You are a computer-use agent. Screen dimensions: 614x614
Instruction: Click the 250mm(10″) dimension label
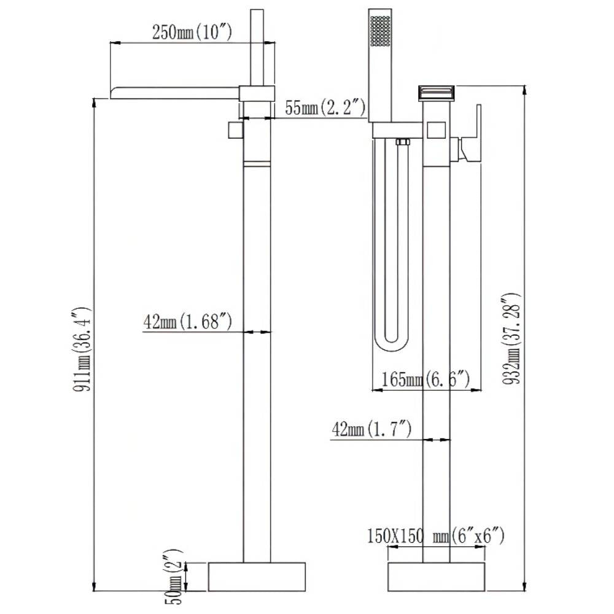192,32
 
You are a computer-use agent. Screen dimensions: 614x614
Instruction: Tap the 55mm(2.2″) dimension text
325,107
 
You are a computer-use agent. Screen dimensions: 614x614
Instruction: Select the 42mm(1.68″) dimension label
187,322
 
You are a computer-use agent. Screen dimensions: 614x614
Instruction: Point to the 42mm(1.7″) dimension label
371,429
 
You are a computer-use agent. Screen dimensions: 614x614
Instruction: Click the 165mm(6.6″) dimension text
426,379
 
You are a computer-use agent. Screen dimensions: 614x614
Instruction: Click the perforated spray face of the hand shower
380,31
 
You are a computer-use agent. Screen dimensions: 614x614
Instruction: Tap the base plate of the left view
257,577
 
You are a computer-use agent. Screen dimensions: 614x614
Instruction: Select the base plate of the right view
436,577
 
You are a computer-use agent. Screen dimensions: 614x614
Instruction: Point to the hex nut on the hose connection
402,142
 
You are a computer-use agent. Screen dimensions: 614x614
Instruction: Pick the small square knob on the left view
235,130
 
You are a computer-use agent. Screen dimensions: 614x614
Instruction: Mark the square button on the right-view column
436,130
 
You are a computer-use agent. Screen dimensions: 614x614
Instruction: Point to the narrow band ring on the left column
257,164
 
